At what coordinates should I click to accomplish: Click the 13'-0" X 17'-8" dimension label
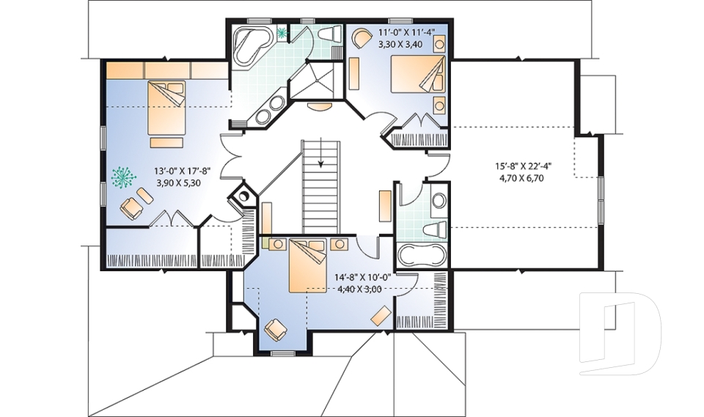[182, 171]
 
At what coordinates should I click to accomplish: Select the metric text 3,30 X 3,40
[406, 44]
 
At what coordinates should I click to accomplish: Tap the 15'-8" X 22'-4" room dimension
[523, 166]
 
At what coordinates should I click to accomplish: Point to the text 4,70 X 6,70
[523, 177]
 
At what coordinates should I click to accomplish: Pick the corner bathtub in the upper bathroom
[252, 46]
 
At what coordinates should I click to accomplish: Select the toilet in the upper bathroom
[329, 34]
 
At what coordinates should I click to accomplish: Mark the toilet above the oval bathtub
[436, 228]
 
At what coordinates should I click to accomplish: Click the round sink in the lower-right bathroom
[439, 200]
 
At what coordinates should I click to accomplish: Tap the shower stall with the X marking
[315, 80]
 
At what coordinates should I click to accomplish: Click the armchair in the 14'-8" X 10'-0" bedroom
[276, 329]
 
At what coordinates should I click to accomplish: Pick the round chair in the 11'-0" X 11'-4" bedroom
[360, 38]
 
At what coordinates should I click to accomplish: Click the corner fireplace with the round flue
[243, 196]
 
